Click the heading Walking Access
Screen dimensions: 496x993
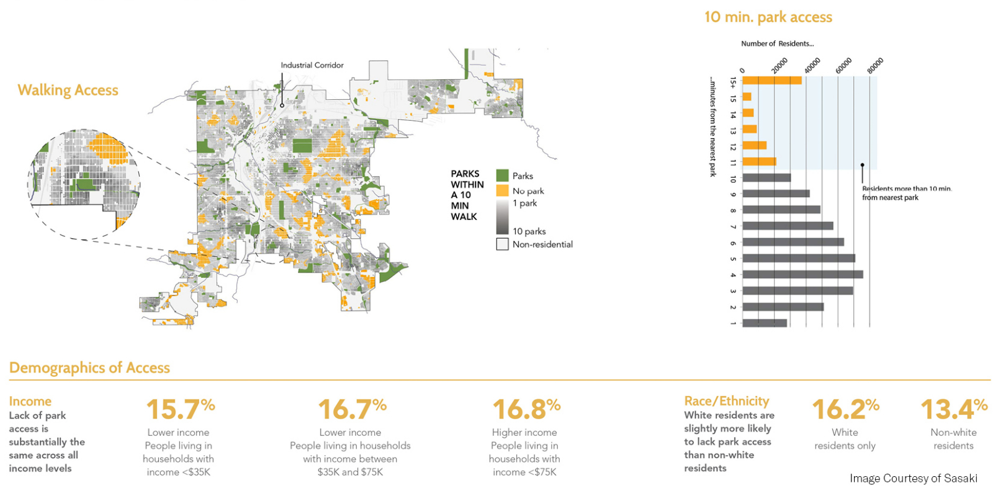(68, 91)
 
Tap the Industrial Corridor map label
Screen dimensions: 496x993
(312, 65)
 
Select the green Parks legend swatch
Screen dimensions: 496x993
(502, 175)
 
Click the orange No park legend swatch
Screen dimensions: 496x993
(502, 190)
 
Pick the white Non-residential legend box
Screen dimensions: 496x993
(502, 244)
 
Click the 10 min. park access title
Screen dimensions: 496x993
(768, 17)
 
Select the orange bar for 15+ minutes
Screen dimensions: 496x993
(771, 80)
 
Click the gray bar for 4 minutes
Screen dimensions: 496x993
(802, 274)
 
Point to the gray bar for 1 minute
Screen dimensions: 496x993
(764, 322)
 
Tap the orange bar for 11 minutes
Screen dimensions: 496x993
(758, 162)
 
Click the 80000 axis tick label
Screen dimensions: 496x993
(875, 65)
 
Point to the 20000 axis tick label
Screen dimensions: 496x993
(780, 65)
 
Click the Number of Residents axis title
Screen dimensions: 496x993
(777, 43)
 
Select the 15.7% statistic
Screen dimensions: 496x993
(180, 409)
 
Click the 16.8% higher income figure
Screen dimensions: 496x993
(526, 409)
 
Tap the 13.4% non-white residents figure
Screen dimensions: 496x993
(953, 409)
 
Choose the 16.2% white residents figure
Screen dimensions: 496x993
(845, 409)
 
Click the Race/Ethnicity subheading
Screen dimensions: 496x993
(726, 401)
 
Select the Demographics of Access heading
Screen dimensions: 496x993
(89, 368)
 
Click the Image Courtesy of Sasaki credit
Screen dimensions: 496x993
(913, 478)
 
